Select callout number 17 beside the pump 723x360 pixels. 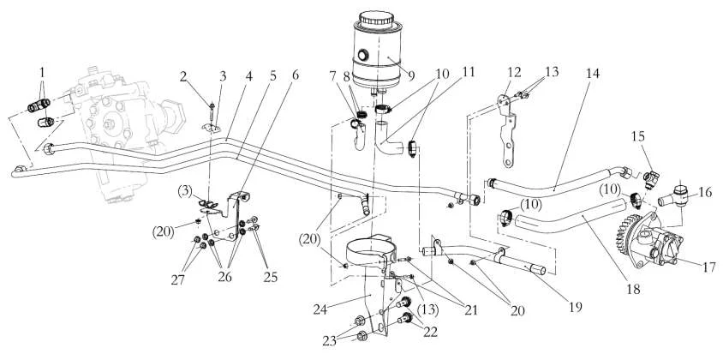(710, 267)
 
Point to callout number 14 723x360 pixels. (593, 74)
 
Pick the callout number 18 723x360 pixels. (633, 289)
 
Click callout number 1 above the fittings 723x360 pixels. (42, 72)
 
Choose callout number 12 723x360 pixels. (514, 72)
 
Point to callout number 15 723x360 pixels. (638, 136)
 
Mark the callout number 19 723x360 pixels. (576, 307)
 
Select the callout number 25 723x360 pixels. (270, 278)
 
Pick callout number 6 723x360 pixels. (296, 75)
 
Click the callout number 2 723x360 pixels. (183, 76)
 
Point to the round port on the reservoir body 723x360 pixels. (362, 56)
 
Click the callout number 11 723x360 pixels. (469, 72)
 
